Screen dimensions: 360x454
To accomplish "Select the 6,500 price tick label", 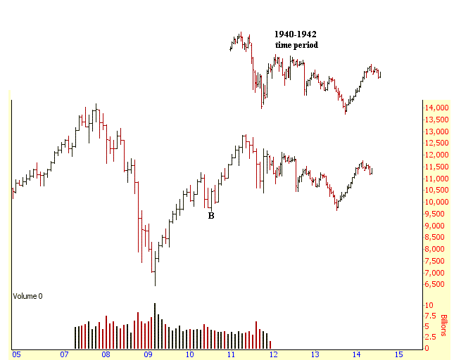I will (x=433, y=284).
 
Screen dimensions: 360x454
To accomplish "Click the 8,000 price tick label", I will (x=433, y=249).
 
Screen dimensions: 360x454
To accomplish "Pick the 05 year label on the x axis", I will (x=16, y=354).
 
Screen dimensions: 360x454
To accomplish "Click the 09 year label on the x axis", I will (x=148, y=354).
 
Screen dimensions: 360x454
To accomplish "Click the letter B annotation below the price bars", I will (x=210, y=216).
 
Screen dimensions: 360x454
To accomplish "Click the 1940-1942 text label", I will (x=296, y=34).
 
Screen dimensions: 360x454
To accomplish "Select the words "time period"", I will (x=296, y=44).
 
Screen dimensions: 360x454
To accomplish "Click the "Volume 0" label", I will (x=27, y=296).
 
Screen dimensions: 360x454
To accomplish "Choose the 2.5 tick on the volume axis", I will (x=429, y=337).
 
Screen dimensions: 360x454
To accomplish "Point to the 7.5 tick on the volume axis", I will (x=429, y=316).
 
